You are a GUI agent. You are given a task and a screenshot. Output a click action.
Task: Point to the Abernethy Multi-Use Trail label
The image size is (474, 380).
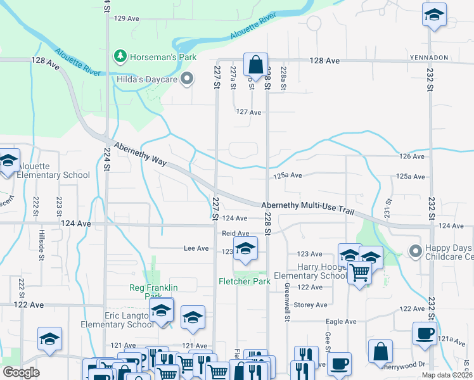pos(307,208)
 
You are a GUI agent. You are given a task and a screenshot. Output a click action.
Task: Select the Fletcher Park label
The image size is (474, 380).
pos(245,281)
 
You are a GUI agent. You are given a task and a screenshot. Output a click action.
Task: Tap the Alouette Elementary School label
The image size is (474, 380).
pos(54,175)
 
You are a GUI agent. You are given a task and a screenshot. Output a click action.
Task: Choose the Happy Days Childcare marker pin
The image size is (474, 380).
pos(415,251)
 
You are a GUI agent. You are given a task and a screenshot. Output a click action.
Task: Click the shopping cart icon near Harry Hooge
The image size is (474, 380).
pos(359,274)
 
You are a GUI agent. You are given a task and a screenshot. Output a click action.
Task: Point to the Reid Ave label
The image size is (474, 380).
pos(234,233)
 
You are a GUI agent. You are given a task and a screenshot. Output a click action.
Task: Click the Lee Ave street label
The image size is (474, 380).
pos(196,249)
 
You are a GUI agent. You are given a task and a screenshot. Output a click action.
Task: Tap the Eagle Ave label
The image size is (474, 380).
pos(341,322)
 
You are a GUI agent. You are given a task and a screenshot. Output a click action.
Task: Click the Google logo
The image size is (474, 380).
pos(21,372)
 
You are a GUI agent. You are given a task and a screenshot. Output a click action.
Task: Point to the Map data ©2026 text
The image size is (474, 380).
pos(446,375)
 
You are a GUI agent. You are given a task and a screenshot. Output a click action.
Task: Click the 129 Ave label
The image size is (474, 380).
pos(126,18)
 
